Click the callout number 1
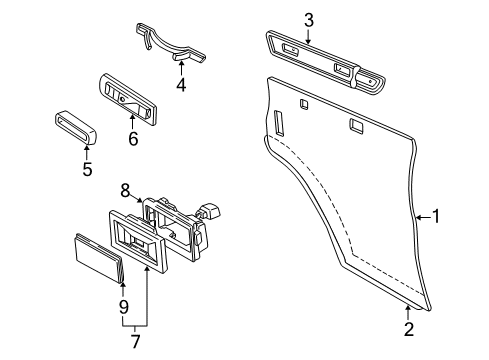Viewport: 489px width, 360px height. coord(434,216)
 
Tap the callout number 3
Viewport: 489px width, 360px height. coord(309,20)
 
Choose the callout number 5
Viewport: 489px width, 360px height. coord(87,170)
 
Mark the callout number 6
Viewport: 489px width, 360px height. coord(132,139)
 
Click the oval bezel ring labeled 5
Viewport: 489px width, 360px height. coord(73,129)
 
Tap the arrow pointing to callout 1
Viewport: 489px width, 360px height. coord(420,216)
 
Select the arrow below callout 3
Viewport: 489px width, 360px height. coord(309,36)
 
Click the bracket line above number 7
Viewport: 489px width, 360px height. coord(135,326)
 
